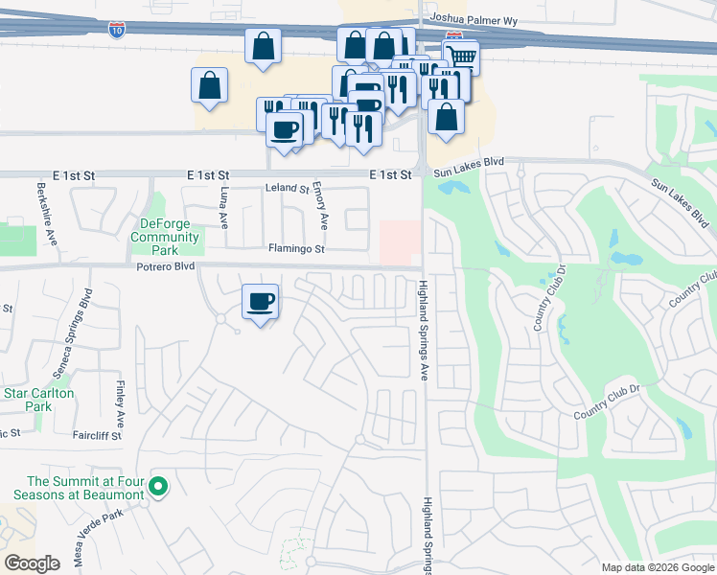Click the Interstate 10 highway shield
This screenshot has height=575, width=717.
click(x=116, y=31)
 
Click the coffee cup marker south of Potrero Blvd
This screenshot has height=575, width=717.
click(x=260, y=302)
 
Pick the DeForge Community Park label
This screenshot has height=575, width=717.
click(x=165, y=230)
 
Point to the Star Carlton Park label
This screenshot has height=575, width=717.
click(x=39, y=400)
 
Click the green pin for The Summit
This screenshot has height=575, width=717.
click(x=159, y=489)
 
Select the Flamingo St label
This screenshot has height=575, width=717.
click(x=297, y=249)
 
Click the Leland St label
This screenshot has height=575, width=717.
click(x=288, y=190)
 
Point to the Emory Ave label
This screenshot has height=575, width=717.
click(x=324, y=206)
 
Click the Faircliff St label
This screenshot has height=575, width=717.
click(x=97, y=435)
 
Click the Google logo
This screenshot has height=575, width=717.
click(x=33, y=563)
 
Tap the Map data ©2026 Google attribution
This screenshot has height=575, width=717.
click(x=657, y=568)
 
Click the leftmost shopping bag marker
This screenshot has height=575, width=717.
click(x=209, y=85)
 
